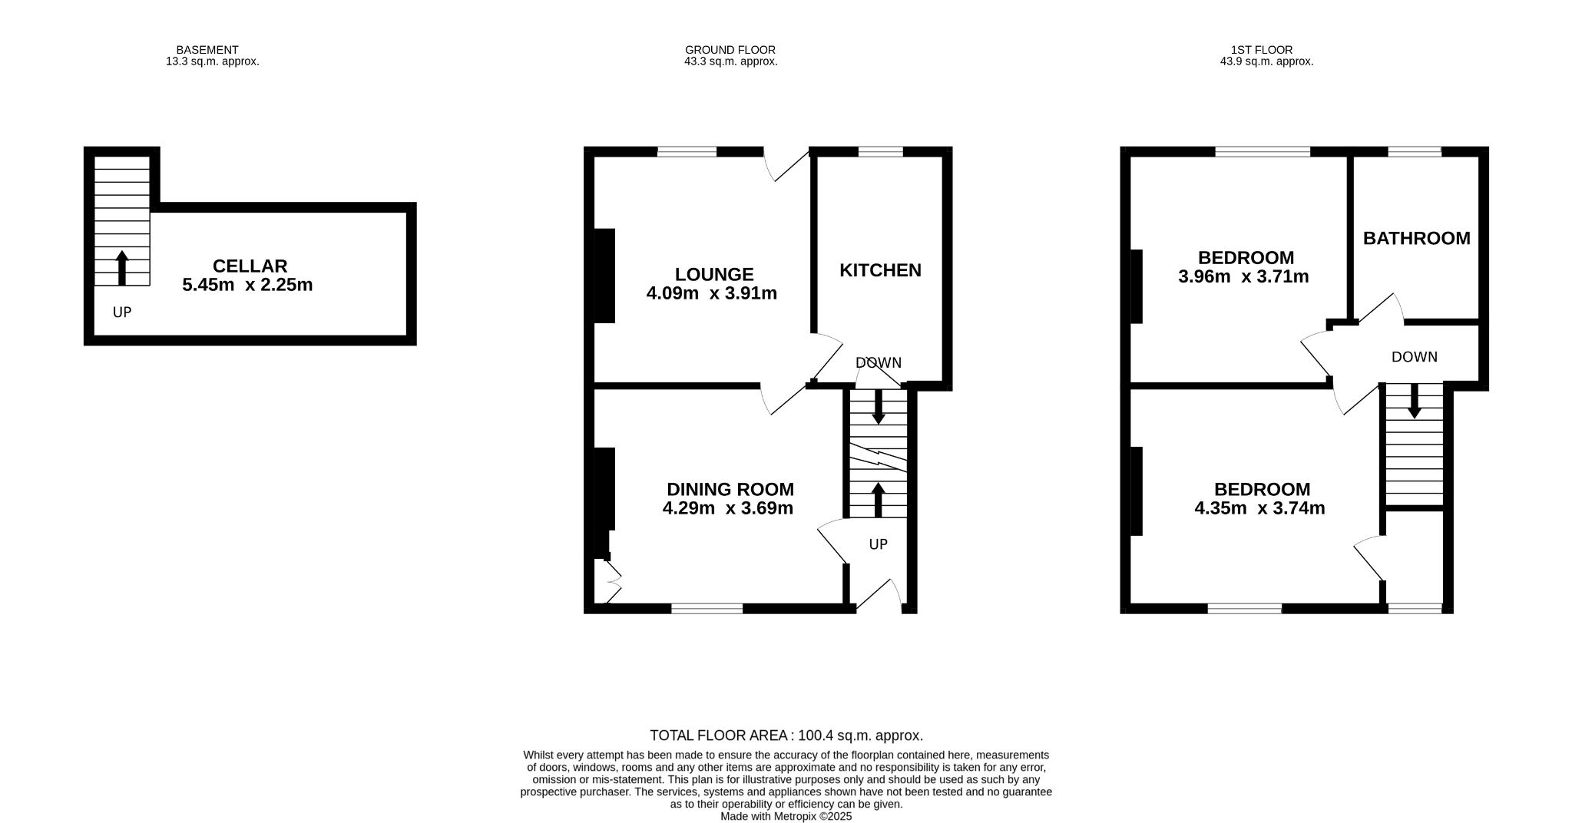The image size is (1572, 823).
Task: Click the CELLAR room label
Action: point(250,266)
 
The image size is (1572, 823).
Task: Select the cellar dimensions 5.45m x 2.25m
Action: point(247,285)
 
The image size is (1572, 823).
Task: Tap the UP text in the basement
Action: point(122,312)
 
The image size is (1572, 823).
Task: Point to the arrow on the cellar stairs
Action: point(121,267)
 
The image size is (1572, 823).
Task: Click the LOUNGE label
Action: point(714,274)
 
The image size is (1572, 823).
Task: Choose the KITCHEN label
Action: point(880,270)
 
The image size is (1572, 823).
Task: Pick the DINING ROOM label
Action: point(730,489)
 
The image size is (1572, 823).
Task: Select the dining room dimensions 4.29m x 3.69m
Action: point(728,507)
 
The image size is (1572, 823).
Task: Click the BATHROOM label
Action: point(1416,238)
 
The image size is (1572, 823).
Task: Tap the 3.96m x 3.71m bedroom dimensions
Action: point(1243,276)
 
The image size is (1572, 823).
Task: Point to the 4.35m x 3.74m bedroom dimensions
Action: point(1260,507)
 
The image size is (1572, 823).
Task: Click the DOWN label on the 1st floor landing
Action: point(1415,357)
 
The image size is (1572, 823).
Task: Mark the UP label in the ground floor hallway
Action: point(878,544)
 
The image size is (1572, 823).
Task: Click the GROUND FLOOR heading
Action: point(730,50)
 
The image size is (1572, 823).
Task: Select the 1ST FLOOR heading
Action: point(1266,50)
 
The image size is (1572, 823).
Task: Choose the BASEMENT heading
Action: point(207,50)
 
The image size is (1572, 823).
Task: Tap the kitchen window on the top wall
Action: point(880,151)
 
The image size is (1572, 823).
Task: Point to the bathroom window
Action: point(1415,151)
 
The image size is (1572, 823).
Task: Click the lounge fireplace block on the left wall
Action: point(604,276)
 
